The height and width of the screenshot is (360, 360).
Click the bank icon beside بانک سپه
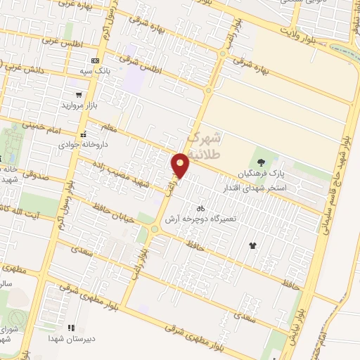coord(95,61)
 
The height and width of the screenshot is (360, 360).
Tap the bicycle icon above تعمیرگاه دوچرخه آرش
coord(201,208)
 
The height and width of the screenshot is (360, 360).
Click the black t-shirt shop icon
coord(252,245)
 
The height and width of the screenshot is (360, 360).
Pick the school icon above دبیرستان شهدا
coord(70,327)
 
